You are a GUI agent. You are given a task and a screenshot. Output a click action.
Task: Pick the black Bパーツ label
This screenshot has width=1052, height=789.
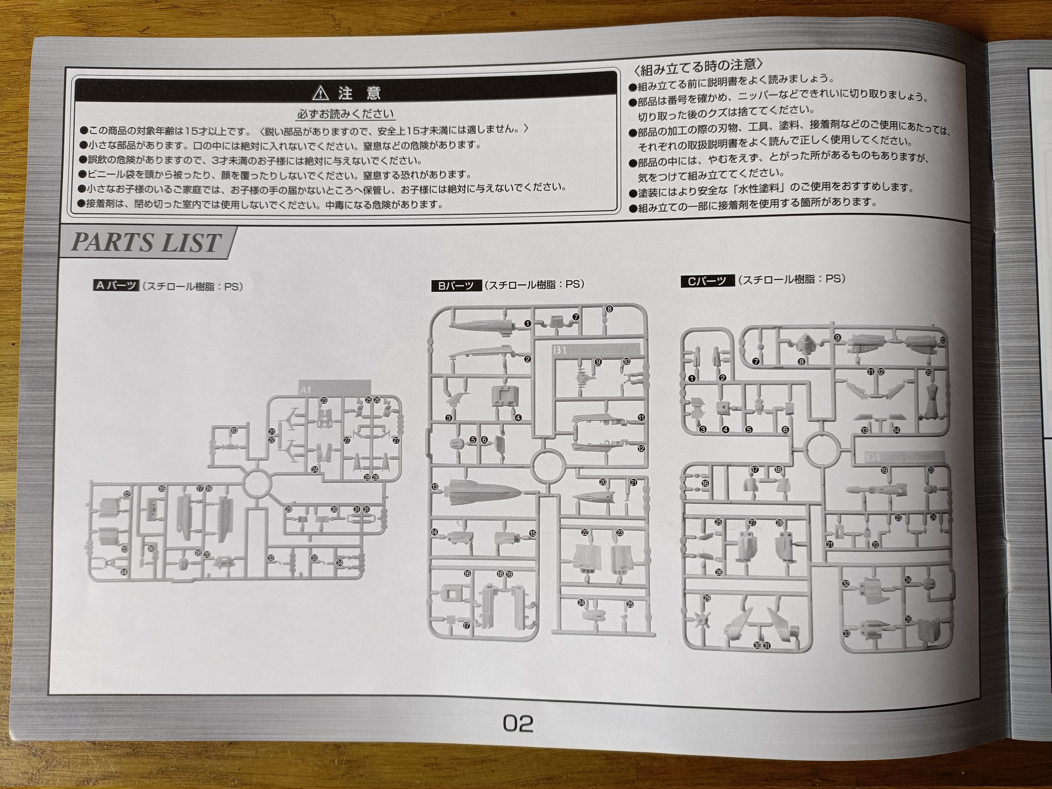point(456,285)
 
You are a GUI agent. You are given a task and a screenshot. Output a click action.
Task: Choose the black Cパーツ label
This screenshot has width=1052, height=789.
point(707,281)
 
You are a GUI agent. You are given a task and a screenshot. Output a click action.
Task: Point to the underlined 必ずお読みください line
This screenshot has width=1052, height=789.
point(346,114)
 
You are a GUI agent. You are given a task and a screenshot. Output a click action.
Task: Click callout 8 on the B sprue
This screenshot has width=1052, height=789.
point(609,309)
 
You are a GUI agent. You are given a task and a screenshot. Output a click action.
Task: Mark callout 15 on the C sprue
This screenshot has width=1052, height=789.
point(928,372)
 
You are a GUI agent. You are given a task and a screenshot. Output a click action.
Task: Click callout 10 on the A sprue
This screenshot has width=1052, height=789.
point(234,430)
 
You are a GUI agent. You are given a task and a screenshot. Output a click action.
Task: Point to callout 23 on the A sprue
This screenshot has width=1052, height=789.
point(324,400)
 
